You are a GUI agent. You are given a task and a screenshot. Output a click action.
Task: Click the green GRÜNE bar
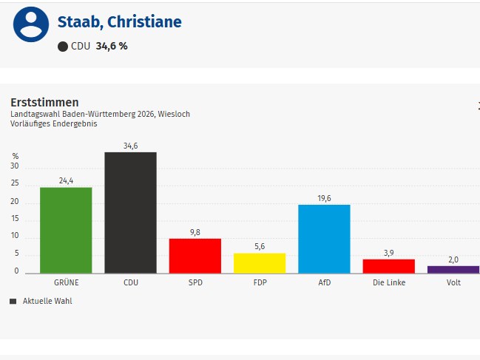click(66, 230)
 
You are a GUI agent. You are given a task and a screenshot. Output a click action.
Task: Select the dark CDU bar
click(130, 213)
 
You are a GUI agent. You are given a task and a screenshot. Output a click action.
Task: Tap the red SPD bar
click(195, 255)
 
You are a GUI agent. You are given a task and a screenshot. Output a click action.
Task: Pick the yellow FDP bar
click(260, 262)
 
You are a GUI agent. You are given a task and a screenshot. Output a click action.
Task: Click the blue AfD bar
click(324, 239)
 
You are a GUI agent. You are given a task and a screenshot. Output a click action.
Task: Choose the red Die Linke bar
click(388, 265)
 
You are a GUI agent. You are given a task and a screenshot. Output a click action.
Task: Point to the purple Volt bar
click(453, 269)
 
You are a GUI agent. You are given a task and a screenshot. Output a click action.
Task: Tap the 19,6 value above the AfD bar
click(324, 197)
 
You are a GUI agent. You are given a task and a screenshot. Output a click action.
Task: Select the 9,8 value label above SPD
click(195, 231)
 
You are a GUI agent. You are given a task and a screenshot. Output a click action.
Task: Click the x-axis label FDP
click(260, 282)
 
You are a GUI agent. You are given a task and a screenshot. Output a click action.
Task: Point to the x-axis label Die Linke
click(388, 282)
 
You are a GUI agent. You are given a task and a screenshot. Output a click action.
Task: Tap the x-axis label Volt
click(453, 282)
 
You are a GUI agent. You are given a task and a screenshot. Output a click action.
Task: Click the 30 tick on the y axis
click(15, 168)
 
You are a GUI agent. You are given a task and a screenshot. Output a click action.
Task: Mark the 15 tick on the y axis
click(15, 220)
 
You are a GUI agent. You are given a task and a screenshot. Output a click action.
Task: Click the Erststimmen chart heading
click(44, 102)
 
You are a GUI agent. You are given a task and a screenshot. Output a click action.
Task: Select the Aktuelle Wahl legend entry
click(47, 301)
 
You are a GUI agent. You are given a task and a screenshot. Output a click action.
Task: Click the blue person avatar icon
click(30, 24)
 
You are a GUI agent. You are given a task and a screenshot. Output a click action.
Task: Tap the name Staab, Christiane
click(119, 22)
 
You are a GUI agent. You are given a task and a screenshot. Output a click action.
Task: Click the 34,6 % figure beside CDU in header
click(112, 46)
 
